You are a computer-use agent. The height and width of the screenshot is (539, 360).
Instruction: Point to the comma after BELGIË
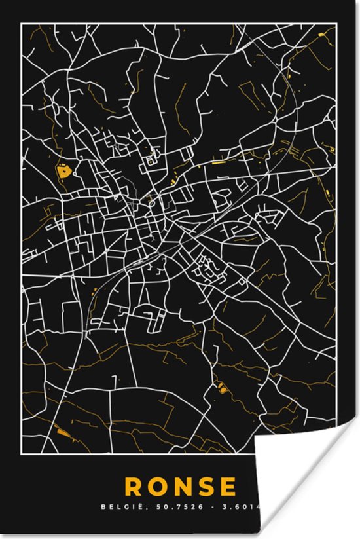coord(135,508)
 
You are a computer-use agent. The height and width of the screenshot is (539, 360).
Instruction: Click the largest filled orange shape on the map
coord(64,172)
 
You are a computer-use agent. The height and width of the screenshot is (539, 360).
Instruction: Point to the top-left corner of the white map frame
coord(21,24)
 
